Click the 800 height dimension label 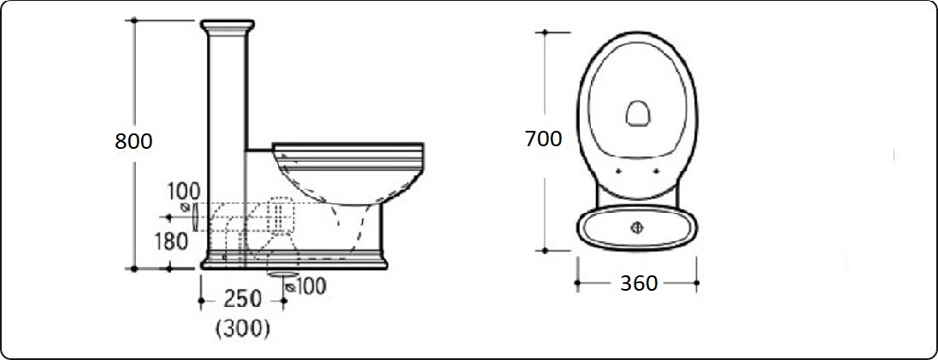coord(133,141)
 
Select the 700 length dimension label coord(543,139)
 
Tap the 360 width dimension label coord(639,283)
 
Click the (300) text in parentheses coord(242,328)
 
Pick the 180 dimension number coord(171,241)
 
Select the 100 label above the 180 coord(184,192)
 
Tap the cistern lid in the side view coord(227,26)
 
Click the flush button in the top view coord(637,227)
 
